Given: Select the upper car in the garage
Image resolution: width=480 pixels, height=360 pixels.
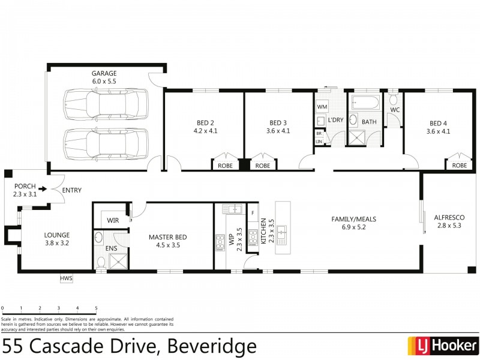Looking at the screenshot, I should tap(105, 106).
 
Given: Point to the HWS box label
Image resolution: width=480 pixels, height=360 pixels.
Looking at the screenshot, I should tap(66, 278).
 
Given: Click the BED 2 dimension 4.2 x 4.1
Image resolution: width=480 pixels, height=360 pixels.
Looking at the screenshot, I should tap(205, 130).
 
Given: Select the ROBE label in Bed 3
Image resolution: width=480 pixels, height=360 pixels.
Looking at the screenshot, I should tap(263, 165).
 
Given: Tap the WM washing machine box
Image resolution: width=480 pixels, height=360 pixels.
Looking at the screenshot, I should tap(322, 107).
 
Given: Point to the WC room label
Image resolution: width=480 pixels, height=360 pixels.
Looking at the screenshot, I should tap(394, 110).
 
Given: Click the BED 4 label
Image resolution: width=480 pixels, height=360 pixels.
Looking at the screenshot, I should tap(437, 124).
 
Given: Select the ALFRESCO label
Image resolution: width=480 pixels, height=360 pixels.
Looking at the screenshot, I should tap(449, 218).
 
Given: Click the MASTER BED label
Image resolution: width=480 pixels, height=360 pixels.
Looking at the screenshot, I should tap(169, 237).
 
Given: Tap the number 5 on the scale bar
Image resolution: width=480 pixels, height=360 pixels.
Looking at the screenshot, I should tap(96, 308).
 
